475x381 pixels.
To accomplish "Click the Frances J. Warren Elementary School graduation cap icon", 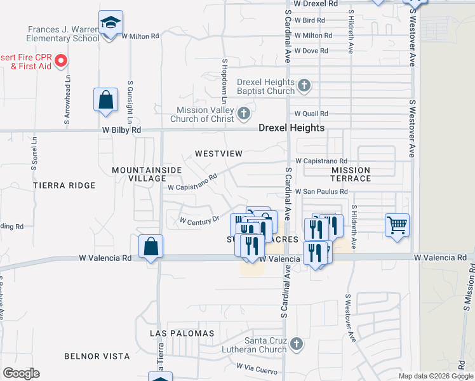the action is click(x=110, y=23).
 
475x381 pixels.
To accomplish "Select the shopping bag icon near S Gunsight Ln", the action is click(x=105, y=100).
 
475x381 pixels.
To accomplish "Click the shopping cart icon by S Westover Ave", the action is click(x=397, y=224).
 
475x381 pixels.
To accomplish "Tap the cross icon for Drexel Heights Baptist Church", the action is click(x=304, y=85).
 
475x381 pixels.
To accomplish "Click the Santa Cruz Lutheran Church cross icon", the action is click(x=296, y=345).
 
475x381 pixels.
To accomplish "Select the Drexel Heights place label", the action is click(x=291, y=128).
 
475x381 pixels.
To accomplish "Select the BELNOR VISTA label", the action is click(x=97, y=356).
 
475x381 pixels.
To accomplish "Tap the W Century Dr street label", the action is click(x=199, y=220).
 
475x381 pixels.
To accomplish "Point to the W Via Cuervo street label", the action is click(x=258, y=366).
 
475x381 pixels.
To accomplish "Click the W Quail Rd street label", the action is click(x=310, y=114).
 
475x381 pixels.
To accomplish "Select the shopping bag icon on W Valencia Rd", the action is click(x=151, y=247).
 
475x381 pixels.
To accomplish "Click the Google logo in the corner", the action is click(x=21, y=373).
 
